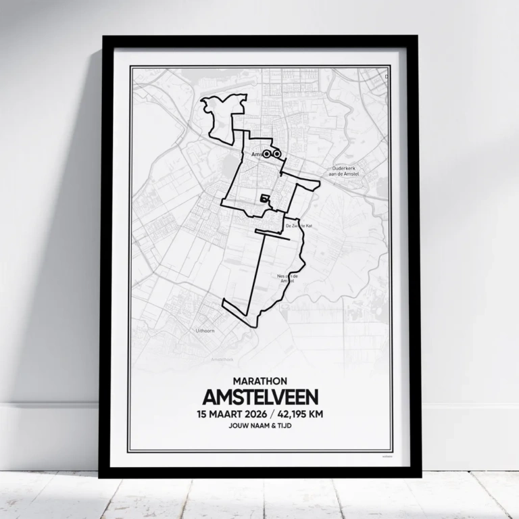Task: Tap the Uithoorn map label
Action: click(204, 332)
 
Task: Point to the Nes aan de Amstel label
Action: click(288, 278)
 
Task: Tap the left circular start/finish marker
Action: click(267, 154)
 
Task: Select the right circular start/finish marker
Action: click(277, 154)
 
